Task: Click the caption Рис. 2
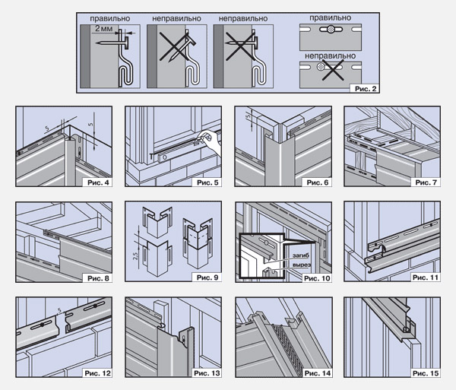click(363, 88)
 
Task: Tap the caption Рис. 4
click(96, 183)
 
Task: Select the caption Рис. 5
click(205, 183)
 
